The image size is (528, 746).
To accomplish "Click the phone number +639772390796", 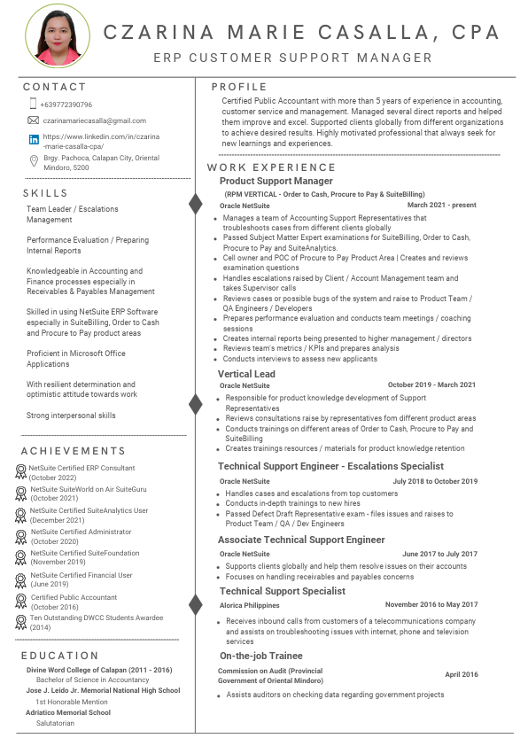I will (66, 105).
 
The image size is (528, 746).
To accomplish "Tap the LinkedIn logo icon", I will (34, 139).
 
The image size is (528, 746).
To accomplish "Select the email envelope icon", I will (34, 120).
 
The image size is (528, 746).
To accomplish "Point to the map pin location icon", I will (34, 160).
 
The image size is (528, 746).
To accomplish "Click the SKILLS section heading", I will (46, 193).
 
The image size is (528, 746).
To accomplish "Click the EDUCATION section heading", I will (59, 656).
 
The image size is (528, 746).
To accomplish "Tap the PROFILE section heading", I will (239, 87).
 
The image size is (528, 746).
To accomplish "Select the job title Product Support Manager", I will (276, 181).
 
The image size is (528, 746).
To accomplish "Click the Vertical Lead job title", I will (247, 374).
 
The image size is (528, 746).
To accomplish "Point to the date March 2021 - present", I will (441, 205).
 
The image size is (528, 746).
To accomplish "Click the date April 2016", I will (462, 674).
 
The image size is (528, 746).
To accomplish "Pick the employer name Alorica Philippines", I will (250, 605).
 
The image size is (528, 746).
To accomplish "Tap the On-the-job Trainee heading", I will (260, 656).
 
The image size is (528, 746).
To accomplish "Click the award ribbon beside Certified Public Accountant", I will (21, 601).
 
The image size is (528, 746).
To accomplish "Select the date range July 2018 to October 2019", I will (435, 481).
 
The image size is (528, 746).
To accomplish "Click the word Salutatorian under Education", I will (55, 723).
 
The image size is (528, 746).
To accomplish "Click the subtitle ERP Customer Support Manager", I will (292, 58).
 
